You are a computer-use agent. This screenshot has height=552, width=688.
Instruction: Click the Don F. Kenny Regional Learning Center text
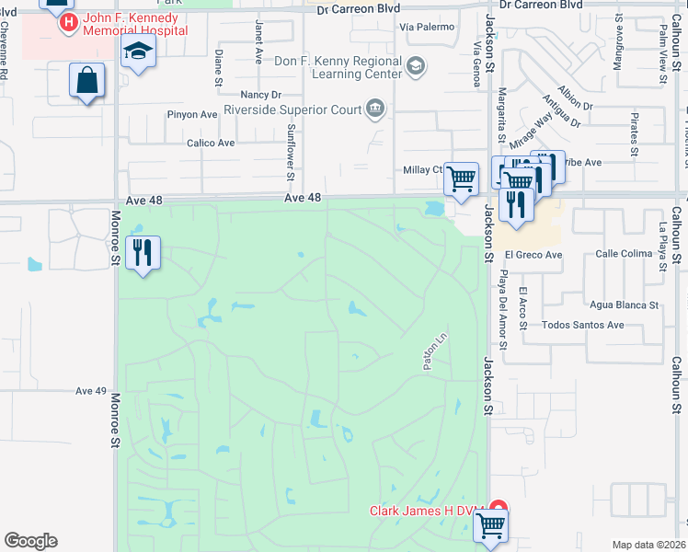pos(338,67)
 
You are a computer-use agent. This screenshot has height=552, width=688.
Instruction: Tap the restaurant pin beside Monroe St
pos(143,253)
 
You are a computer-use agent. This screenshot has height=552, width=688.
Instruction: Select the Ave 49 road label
pos(92,391)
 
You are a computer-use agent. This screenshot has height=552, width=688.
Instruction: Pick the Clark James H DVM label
pos(428,511)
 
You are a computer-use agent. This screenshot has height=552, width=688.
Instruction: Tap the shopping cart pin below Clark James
pos(491,527)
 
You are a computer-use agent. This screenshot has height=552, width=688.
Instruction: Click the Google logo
pos(30,541)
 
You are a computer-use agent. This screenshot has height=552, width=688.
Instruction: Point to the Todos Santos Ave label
pos(583,325)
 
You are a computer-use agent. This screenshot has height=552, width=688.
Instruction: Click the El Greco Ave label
pos(533,255)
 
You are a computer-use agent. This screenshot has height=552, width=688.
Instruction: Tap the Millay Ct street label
pos(424,170)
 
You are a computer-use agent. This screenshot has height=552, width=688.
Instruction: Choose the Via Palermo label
pos(427,27)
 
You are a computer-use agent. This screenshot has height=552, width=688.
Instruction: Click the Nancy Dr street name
pos(259,95)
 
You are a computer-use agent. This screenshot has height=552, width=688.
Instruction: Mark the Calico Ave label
pos(211,143)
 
